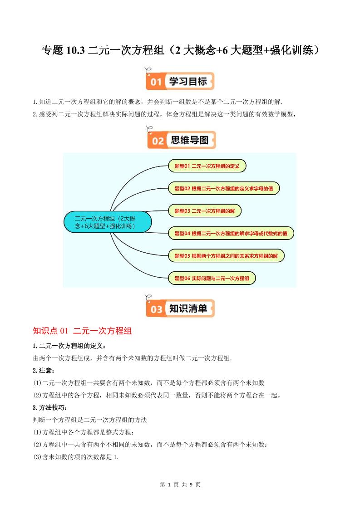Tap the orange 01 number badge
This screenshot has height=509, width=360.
click(x=156, y=82)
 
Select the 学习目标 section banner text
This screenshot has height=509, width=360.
click(x=188, y=82)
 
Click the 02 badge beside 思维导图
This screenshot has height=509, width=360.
click(x=157, y=141)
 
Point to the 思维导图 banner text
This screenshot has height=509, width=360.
click(x=190, y=140)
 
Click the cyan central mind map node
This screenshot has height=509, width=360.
click(x=107, y=222)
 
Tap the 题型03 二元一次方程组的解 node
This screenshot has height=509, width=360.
click(x=204, y=211)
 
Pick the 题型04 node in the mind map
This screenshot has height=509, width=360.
click(x=231, y=234)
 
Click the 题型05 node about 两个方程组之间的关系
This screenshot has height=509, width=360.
click(x=226, y=256)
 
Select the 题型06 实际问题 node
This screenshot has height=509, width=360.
click(x=212, y=278)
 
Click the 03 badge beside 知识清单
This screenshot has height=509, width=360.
click(x=156, y=309)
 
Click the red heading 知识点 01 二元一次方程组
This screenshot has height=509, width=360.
click(x=83, y=331)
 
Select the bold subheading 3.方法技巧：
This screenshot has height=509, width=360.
click(x=50, y=407)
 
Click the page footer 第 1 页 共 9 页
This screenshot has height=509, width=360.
click(x=180, y=485)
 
